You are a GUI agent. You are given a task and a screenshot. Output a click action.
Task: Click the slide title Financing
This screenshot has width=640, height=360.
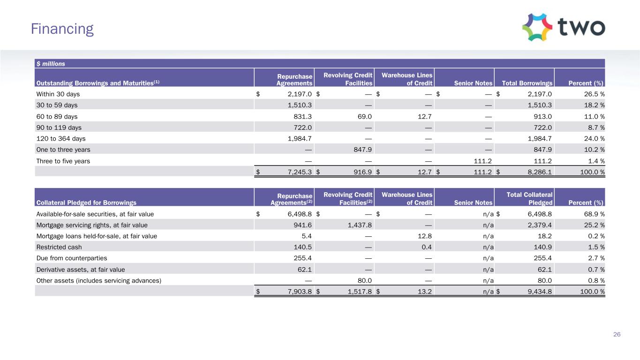coord(62,29)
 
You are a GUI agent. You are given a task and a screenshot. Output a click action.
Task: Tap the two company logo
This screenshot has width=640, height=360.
coord(563,27)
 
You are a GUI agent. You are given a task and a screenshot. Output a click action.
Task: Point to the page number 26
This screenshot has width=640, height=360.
coord(617,334)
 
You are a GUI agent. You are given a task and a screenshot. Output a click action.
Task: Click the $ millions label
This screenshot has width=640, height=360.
coord(51,64)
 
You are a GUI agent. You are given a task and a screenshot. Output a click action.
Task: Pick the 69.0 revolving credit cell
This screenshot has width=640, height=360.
coord(365,116)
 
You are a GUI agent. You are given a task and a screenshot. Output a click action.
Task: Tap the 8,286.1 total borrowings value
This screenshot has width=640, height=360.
coord(538,172)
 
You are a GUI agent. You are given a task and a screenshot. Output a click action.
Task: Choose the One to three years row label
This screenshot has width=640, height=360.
coord(63,150)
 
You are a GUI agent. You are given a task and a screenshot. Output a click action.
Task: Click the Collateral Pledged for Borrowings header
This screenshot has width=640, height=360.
coord(86,203)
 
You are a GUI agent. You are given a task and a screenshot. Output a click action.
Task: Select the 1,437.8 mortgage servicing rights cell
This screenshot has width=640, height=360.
coord(359,225)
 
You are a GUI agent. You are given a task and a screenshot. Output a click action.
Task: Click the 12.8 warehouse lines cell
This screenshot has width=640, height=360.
coord(424,236)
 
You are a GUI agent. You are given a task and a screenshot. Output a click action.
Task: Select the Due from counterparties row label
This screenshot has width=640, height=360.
coord(72,258)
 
